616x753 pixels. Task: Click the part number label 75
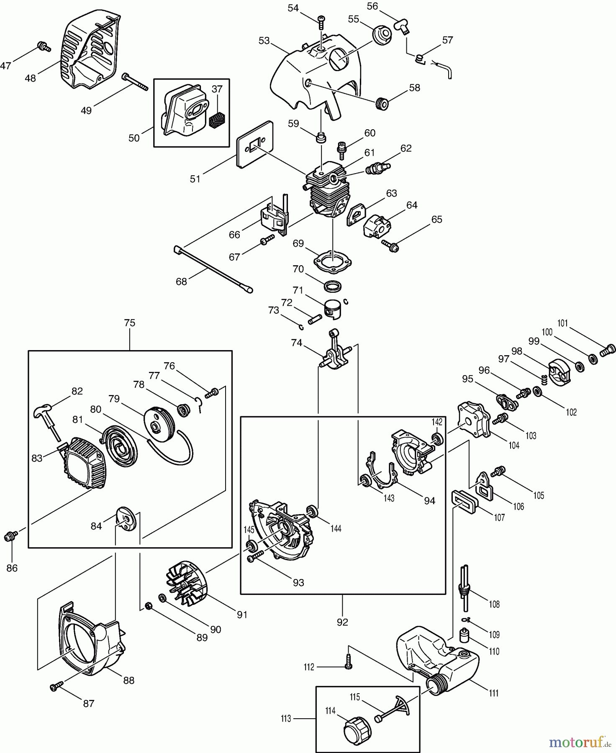coord(130,323)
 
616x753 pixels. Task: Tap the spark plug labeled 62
coord(377,168)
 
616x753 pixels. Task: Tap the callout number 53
coord(264,41)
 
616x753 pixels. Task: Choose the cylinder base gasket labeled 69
coord(332,261)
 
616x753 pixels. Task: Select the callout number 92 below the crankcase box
coord(342,622)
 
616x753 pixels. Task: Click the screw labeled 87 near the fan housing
coord(56,686)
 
